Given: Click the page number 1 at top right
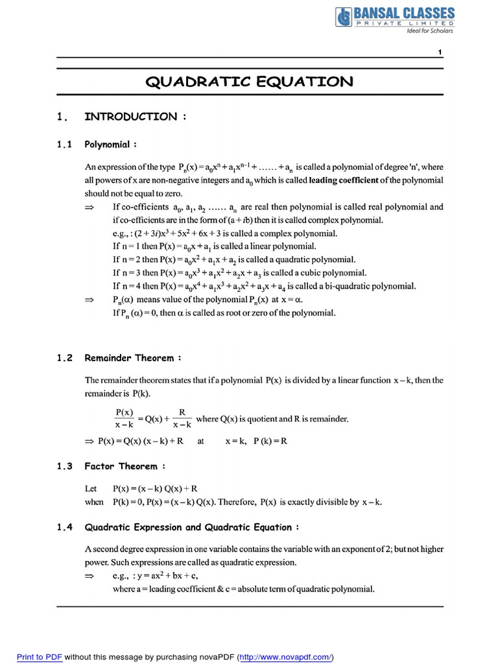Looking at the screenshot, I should (x=440, y=52).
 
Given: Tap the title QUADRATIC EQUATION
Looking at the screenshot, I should (x=249, y=82).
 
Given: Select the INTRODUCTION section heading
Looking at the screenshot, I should (x=136, y=117).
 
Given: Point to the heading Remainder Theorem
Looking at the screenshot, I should (x=133, y=357).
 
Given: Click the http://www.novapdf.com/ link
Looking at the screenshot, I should (x=285, y=657).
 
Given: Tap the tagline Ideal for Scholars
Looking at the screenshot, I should (x=429, y=30).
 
